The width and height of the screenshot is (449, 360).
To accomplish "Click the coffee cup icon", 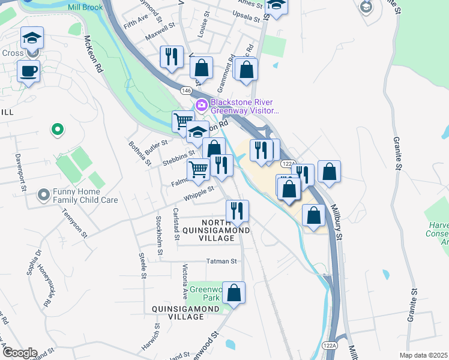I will tap(28, 72).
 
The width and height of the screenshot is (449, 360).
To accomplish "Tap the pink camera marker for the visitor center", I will tap(201, 106).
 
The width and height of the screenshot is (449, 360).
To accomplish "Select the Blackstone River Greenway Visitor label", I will tap(245, 106).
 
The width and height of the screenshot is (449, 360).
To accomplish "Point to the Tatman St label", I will tap(222, 261).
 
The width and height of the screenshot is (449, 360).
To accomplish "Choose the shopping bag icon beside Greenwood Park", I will tap(234, 293).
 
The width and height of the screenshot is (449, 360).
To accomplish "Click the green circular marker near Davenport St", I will tap(57, 128).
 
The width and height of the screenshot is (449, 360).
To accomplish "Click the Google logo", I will tap(19, 352).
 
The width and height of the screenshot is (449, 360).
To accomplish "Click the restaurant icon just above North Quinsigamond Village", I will tap(237, 211).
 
